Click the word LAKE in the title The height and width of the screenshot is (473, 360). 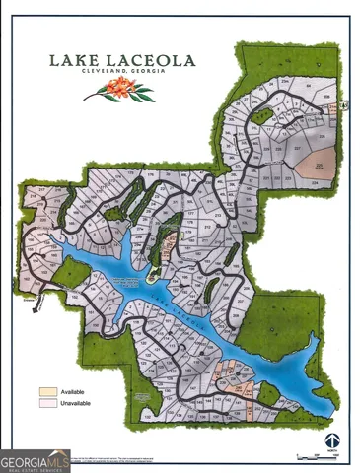(x=75, y=60)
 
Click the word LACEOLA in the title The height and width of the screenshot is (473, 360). (x=147, y=60)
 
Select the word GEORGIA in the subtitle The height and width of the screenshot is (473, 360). (x=145, y=75)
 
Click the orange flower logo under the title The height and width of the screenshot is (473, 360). (x=119, y=92)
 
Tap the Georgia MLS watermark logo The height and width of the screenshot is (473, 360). (x=36, y=459)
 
